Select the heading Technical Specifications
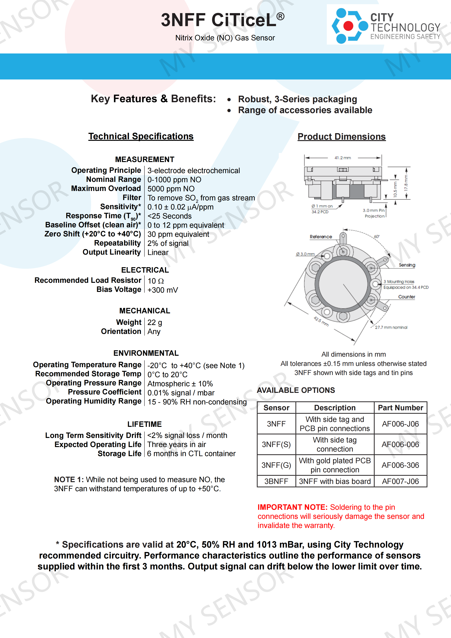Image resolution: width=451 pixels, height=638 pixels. [141, 136]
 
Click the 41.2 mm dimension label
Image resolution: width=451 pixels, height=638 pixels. [343, 158]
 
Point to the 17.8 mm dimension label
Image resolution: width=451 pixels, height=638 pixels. [406, 183]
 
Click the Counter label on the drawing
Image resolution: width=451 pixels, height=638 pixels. [407, 297]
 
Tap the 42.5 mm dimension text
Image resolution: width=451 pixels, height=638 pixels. [321, 322]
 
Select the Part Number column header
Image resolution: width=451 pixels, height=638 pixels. [400, 408]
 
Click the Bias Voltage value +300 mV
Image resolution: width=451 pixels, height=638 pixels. [163, 290]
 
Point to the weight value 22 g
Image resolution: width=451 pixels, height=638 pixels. [155, 322]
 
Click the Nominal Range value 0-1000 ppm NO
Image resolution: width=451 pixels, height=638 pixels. [174, 180]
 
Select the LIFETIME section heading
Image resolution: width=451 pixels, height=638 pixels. [145, 424]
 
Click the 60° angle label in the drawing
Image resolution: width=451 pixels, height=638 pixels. [376, 236]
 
